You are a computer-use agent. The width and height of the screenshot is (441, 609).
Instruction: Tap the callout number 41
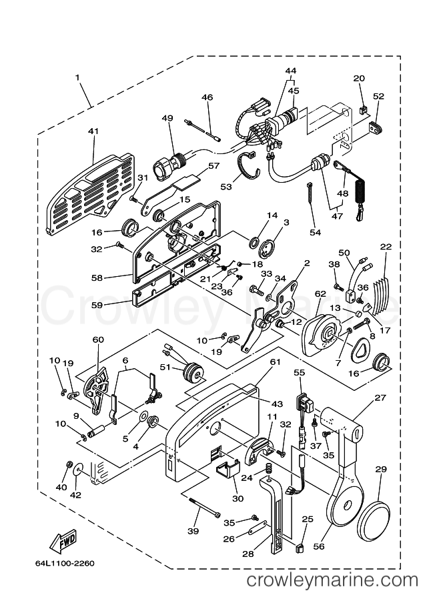pyautogui.click(x=93, y=131)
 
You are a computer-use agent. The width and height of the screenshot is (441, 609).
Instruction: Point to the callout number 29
pyautogui.click(x=381, y=470)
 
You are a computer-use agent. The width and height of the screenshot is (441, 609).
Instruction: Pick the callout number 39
pyautogui.click(x=193, y=532)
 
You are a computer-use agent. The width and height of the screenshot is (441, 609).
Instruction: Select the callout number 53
pyautogui.click(x=226, y=187)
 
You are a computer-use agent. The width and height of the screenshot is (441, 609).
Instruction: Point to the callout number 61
pyautogui.click(x=275, y=362)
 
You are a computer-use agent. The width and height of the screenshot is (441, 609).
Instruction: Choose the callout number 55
pyautogui.click(x=300, y=374)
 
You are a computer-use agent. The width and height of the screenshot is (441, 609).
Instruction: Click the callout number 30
pyautogui.click(x=238, y=499)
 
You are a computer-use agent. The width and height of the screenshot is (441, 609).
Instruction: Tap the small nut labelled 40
pyautogui.click(x=69, y=464)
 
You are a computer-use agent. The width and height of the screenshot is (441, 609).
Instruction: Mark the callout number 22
pyautogui.click(x=386, y=247)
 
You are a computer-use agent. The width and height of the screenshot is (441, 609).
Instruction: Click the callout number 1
pyautogui.click(x=77, y=78)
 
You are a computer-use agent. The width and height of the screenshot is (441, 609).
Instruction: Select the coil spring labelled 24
pyautogui.click(x=268, y=470)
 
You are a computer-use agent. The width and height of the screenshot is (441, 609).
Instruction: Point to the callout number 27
pyautogui.click(x=381, y=398)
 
